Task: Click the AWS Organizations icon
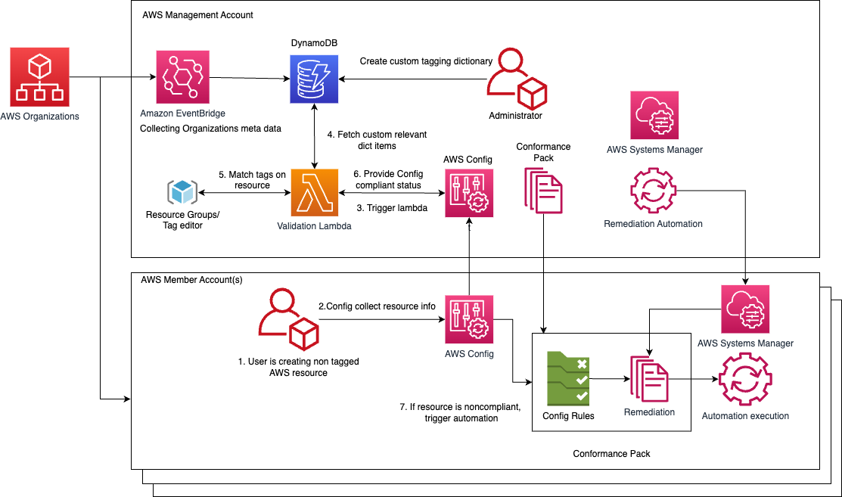[40, 76]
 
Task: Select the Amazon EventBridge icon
[182, 77]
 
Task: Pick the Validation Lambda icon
[314, 193]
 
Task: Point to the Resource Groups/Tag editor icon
[182, 192]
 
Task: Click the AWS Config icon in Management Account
[469, 193]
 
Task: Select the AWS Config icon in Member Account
[469, 319]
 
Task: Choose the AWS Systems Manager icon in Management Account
[654, 116]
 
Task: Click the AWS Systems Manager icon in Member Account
[744, 309]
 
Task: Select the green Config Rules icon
[568, 379]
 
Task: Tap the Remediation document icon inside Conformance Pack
[649, 379]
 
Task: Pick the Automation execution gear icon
[744, 381]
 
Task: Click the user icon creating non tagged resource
[287, 321]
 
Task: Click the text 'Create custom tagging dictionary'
[426, 61]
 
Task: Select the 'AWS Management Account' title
[197, 15]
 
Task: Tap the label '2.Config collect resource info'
[377, 306]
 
